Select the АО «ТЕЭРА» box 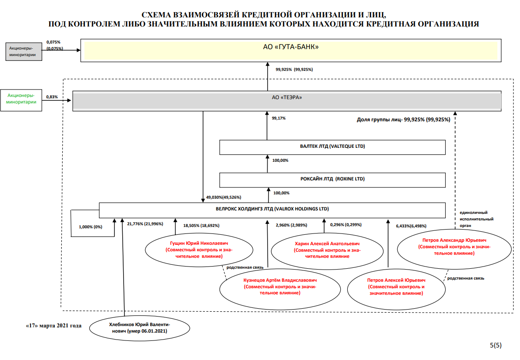(x=287, y=101)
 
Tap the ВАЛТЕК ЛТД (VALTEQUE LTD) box (x=332, y=147)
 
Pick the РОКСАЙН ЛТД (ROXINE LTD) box (x=332, y=180)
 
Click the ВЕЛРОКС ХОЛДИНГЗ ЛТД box (x=272, y=210)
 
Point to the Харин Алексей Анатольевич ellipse (x=327, y=250)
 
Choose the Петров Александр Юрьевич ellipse (x=453, y=246)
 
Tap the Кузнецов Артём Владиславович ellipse (x=280, y=287)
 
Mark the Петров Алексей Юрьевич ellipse (x=396, y=287)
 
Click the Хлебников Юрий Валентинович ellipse (x=139, y=328)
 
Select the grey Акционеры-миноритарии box (x=23, y=52)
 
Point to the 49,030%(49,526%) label (x=224, y=197)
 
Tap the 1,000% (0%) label (x=91, y=227)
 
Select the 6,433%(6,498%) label (x=411, y=226)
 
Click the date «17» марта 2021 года (x=54, y=325)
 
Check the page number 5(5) (x=496, y=345)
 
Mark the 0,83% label (x=52, y=97)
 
